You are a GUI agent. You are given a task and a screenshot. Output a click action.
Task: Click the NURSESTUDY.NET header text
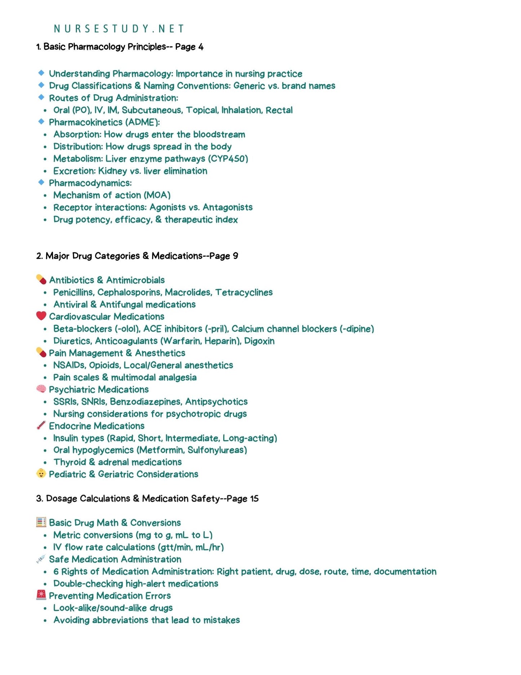pos(119,29)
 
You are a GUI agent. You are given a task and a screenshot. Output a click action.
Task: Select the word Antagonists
pos(228,207)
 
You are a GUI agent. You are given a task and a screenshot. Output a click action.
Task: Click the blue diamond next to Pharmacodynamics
pos(41,183)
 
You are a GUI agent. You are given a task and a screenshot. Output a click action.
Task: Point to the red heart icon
pos(41,316)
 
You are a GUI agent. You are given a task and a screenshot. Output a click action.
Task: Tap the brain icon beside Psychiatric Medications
pos(41,389)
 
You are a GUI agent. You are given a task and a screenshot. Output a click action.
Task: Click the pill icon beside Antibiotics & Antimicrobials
pos(41,279)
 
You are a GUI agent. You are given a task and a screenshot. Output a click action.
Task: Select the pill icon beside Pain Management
pos(41,352)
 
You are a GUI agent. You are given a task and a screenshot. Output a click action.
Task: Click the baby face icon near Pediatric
pos(41,473)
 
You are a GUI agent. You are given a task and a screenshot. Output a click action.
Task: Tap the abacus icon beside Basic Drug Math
pos(41,522)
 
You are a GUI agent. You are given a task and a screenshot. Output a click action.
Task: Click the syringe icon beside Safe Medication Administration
pos(41,559)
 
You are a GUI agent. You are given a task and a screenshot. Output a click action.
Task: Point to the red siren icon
pos(41,595)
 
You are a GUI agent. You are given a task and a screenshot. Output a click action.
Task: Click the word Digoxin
pos(259,341)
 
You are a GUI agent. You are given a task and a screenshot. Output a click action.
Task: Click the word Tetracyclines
pos(244,292)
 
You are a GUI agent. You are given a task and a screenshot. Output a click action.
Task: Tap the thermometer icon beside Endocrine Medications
pos(41,425)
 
